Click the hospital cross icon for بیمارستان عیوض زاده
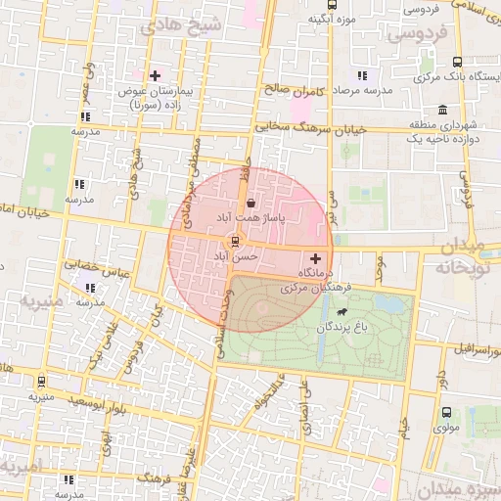tap(155, 75)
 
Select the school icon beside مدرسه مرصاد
tap(362, 75)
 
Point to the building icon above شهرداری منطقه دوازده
tap(443, 109)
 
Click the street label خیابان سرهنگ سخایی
tap(311, 128)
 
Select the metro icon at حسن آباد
tap(234, 241)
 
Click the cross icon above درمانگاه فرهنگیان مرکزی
tap(314, 257)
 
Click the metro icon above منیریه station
tap(41, 382)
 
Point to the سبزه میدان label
tap(459, 487)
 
